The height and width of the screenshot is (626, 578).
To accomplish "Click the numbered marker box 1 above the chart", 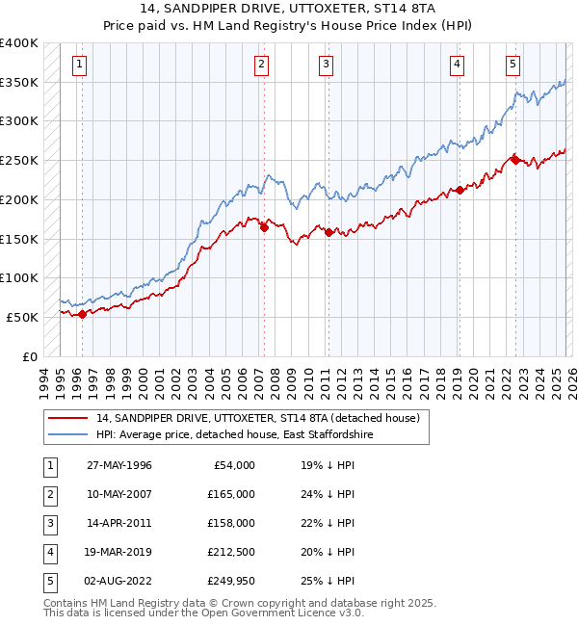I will point(78,65).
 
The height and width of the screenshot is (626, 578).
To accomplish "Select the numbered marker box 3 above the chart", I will point(327,65).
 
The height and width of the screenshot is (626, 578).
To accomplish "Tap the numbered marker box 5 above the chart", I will point(512,65).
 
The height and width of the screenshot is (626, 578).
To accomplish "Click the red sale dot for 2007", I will point(263,227).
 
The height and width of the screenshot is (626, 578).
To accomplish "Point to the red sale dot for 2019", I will point(460,190).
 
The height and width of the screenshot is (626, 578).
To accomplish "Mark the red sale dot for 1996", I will point(82,313).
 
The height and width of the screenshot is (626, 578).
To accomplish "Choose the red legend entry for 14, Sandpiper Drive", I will point(257,419).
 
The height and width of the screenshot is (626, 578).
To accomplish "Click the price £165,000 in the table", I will point(231,494).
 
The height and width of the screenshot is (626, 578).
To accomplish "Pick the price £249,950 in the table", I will point(231,581).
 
